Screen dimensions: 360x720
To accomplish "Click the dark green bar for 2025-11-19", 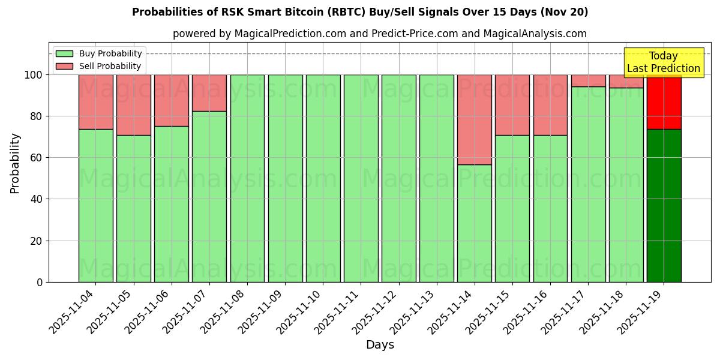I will [664, 205].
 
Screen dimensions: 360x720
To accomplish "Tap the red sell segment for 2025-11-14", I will [474, 119].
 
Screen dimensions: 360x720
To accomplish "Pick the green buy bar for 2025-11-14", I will [474, 223].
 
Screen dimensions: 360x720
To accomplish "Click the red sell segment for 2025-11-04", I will [95, 101].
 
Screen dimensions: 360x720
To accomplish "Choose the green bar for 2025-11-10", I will [323, 178].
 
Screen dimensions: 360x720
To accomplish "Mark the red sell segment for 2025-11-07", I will [209, 92].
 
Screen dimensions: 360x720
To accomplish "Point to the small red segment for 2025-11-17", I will [588, 80].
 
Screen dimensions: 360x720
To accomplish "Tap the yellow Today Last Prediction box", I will [664, 62].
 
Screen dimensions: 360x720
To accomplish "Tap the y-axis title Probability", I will [15, 163].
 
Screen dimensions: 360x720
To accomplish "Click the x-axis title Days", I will [380, 345].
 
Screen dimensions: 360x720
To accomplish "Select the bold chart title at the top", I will [360, 12].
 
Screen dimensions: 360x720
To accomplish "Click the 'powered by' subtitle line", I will [380, 34].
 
